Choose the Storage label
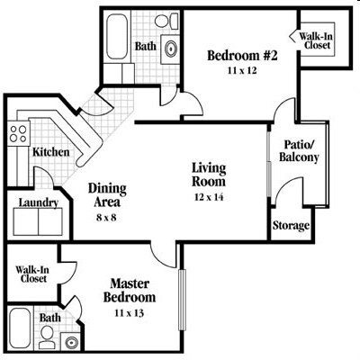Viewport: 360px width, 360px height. tap(291, 225)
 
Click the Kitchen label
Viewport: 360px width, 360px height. tap(50, 152)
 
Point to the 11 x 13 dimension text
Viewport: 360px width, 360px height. tap(127, 313)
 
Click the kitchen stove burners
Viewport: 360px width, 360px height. tap(18, 135)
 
